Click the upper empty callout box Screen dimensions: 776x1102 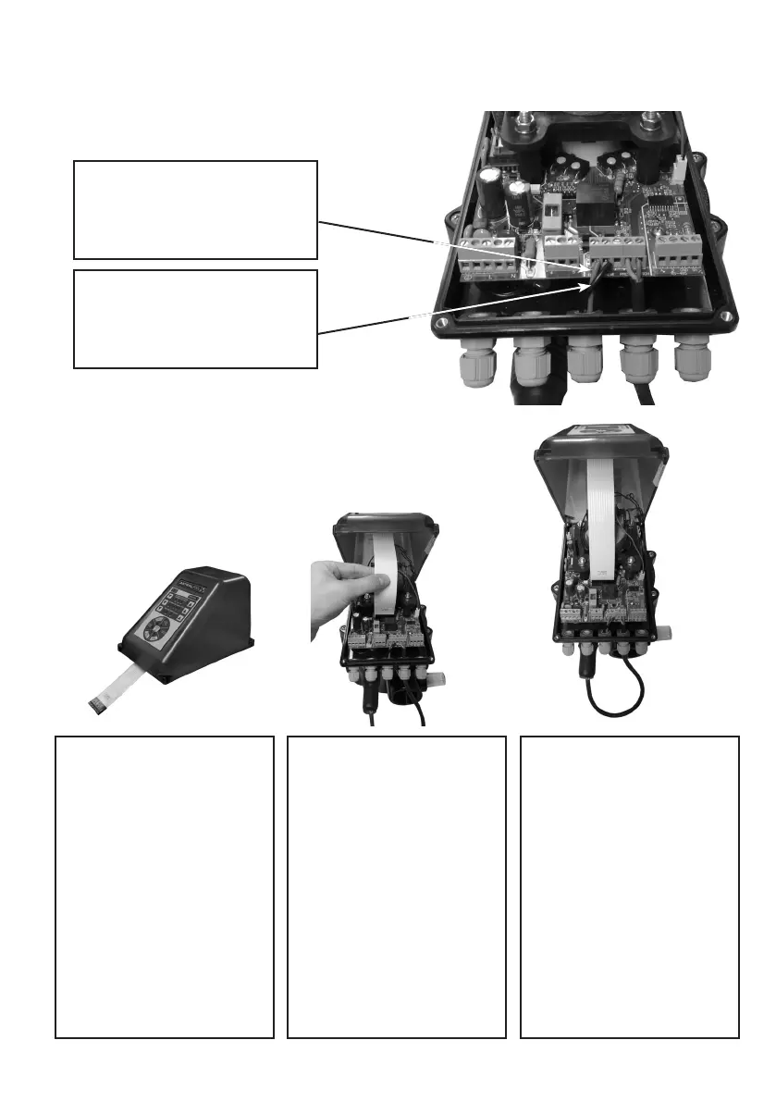tap(195, 209)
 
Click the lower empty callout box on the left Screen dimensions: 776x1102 tap(195, 318)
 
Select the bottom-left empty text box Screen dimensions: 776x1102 tap(165, 886)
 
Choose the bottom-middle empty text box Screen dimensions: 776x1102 tap(397, 886)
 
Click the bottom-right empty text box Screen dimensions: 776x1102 tap(630, 886)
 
